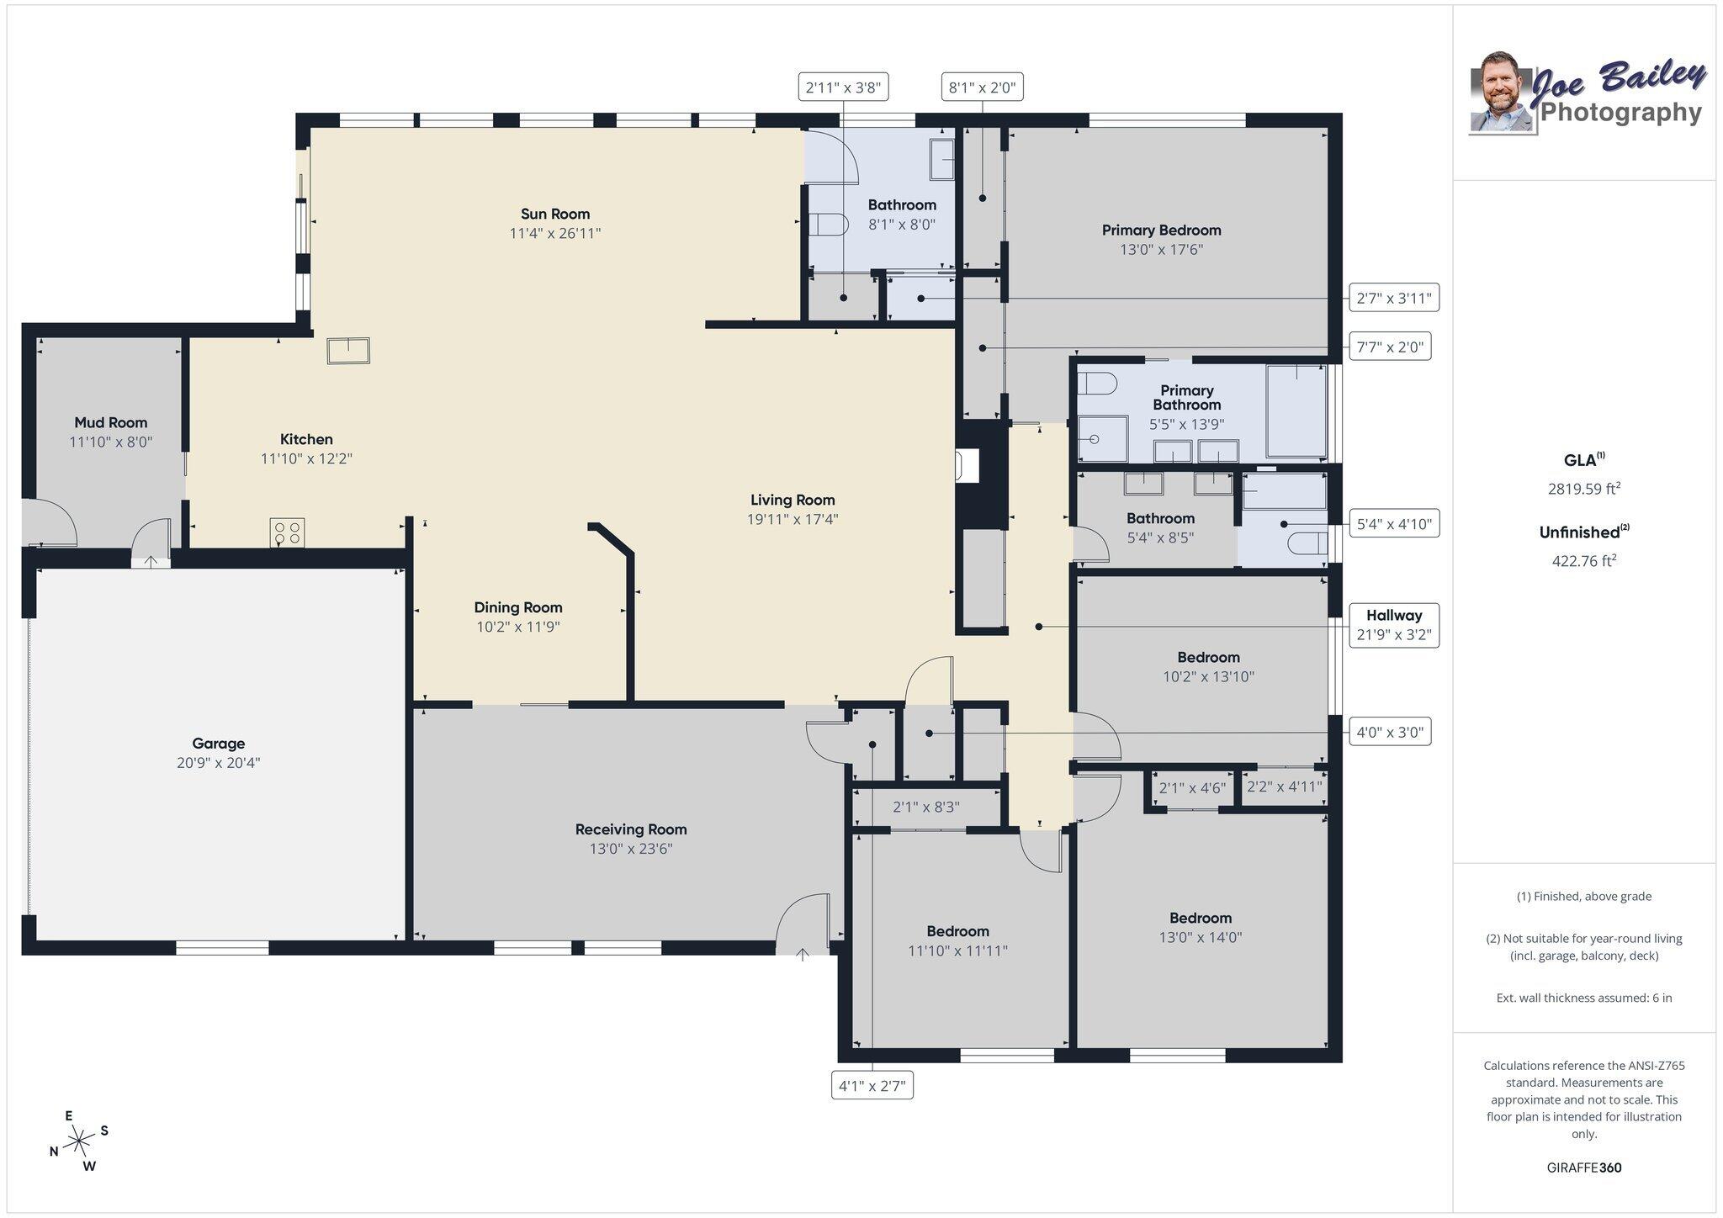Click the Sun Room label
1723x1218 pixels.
(x=554, y=214)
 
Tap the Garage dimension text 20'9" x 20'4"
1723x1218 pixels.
(x=218, y=763)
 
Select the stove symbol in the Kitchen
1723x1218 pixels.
(x=287, y=532)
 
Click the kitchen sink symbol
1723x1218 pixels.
(x=348, y=350)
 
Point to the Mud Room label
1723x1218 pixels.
(x=110, y=422)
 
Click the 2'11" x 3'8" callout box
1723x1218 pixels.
(x=843, y=87)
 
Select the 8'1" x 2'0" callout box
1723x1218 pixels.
(x=982, y=87)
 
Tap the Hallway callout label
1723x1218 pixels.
(x=1393, y=616)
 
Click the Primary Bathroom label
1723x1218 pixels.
(x=1186, y=397)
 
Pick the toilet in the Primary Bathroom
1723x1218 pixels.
(x=1097, y=384)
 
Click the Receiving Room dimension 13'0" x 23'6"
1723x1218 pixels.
(x=630, y=849)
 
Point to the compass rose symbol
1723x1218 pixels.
(x=79, y=1141)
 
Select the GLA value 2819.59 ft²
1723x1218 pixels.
(x=1583, y=489)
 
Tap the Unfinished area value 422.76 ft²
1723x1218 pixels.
(x=1583, y=561)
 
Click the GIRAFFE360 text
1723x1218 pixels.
(x=1583, y=1168)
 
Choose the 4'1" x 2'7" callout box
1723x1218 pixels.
(x=872, y=1086)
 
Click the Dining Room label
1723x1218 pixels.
(x=517, y=607)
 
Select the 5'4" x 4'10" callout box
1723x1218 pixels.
(x=1393, y=524)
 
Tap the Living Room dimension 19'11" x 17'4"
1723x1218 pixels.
(x=792, y=519)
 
